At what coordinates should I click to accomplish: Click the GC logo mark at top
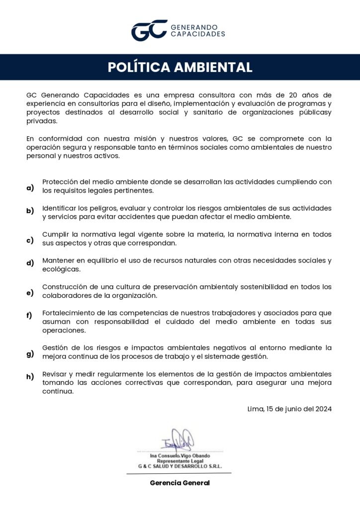coord(149,30)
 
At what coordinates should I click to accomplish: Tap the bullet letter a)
coord(30,187)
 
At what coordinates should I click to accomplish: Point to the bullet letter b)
coord(30,211)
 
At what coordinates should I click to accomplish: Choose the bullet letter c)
coord(30,241)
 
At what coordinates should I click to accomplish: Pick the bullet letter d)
coord(30,263)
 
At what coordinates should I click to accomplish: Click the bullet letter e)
coord(30,292)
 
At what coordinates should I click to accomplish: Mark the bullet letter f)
coord(29,315)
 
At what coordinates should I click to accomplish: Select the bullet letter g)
coord(30,354)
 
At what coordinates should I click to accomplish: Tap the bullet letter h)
coord(30,377)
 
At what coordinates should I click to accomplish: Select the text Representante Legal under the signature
coord(180,461)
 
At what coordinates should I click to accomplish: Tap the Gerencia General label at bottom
coord(180,483)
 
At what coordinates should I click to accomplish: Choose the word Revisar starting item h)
coord(56,373)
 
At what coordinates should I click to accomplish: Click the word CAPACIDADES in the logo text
coord(198,34)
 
